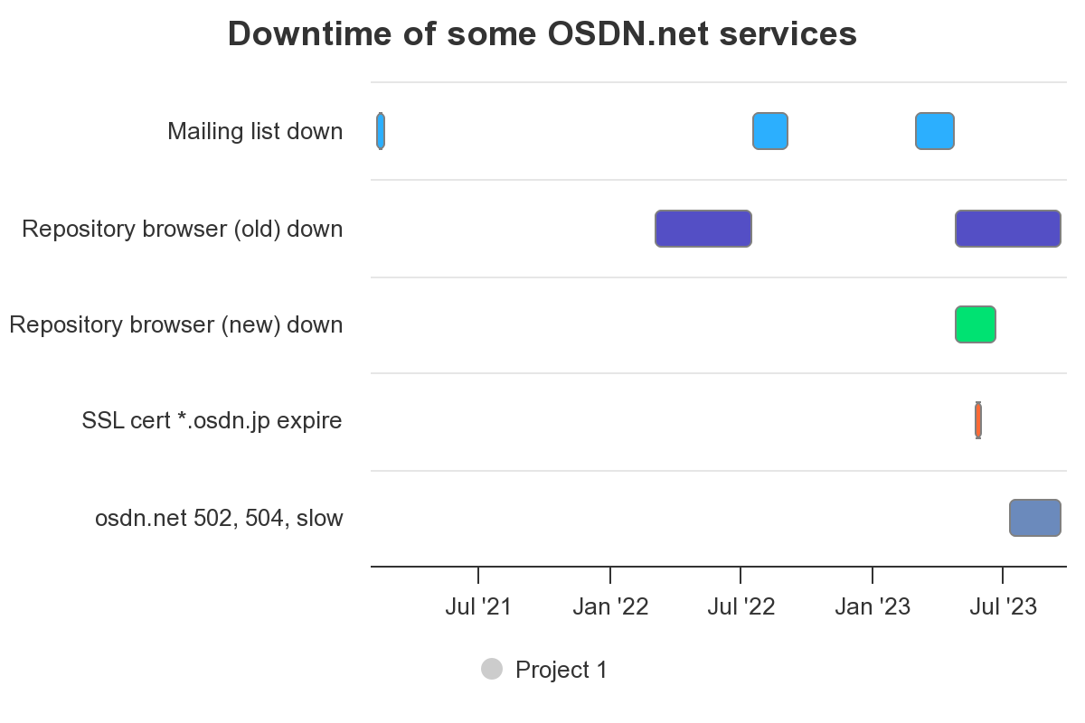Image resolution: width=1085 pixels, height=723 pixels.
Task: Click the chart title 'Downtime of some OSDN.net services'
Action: [x=542, y=34]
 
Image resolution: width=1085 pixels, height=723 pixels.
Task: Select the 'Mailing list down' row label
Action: [x=255, y=131]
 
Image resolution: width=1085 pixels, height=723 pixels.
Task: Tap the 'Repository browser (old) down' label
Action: [x=183, y=229]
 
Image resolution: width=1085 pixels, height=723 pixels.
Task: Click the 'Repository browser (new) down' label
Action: [x=176, y=324]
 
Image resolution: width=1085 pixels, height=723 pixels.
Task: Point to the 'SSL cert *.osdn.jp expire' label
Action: [x=212, y=420]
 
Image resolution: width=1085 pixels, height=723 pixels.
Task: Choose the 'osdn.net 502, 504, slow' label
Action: [x=219, y=518]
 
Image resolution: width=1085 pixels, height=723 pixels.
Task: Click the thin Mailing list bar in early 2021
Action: [x=381, y=131]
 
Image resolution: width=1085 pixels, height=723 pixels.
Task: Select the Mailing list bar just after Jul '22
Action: [x=770, y=131]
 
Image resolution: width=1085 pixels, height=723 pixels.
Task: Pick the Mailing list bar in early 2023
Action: [x=935, y=131]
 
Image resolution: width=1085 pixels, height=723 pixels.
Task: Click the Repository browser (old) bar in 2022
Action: [x=703, y=229]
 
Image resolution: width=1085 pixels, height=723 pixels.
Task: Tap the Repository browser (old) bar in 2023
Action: [x=1008, y=229]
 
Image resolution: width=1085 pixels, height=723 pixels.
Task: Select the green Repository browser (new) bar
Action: [x=976, y=324]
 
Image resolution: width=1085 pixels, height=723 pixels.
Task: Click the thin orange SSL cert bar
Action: [x=978, y=420]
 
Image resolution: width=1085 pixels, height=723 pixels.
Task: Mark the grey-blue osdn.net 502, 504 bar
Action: [x=1035, y=518]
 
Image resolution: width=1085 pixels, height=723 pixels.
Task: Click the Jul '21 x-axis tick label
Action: [x=478, y=606]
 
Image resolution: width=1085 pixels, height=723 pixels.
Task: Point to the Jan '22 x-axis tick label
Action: [x=610, y=606]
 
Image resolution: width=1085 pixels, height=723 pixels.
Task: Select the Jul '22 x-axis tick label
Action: [x=741, y=606]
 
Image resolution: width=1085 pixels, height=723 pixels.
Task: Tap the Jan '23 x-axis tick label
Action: [x=873, y=606]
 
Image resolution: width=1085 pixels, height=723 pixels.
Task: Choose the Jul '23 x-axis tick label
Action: [x=1004, y=606]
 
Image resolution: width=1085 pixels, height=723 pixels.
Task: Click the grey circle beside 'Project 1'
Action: [x=492, y=669]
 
